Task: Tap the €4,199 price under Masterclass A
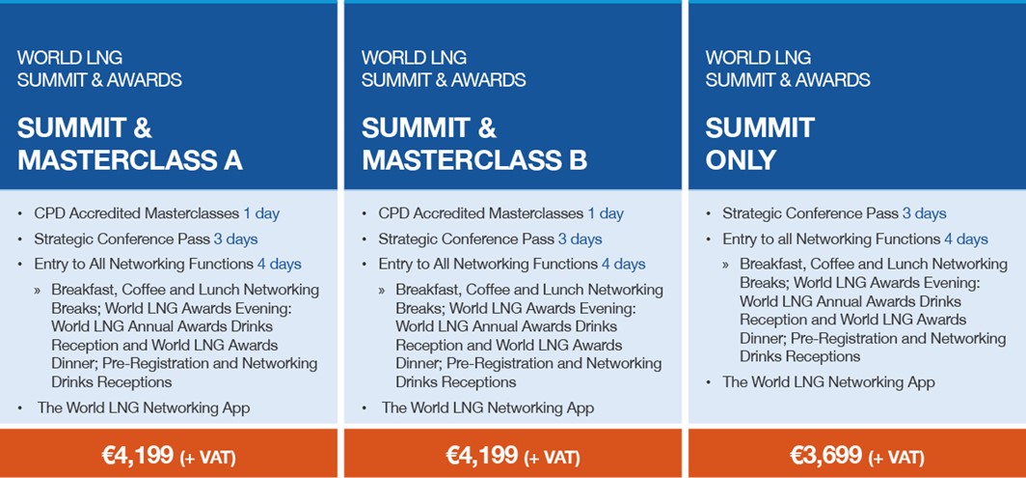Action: click(x=138, y=454)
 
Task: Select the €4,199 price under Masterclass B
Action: click(x=482, y=454)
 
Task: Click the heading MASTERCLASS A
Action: click(x=130, y=160)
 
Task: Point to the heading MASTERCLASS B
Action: click(x=474, y=160)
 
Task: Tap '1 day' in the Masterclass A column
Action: click(x=261, y=213)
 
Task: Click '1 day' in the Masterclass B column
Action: click(x=606, y=213)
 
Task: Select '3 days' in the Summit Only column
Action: click(x=924, y=213)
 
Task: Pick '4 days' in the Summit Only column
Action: click(x=966, y=239)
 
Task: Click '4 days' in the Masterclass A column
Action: click(x=280, y=265)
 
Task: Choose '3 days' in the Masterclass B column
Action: click(x=580, y=239)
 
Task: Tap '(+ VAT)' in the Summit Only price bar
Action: click(x=897, y=456)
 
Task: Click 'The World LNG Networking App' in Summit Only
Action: click(x=828, y=382)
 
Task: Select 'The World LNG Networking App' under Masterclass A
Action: click(x=144, y=408)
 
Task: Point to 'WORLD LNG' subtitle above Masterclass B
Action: click(x=415, y=58)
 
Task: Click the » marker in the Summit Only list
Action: click(x=726, y=265)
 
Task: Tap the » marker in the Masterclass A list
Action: click(x=38, y=290)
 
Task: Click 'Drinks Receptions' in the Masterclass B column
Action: click(x=456, y=382)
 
